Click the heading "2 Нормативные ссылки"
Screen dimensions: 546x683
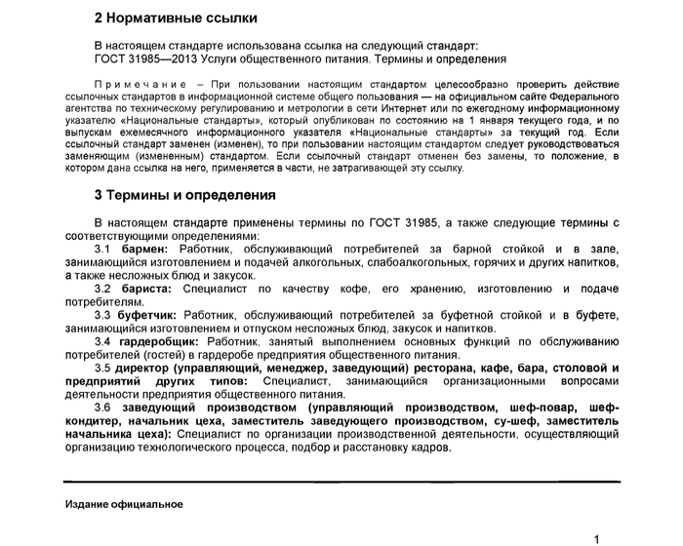[176, 18]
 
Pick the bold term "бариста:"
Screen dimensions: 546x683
[146, 290]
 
